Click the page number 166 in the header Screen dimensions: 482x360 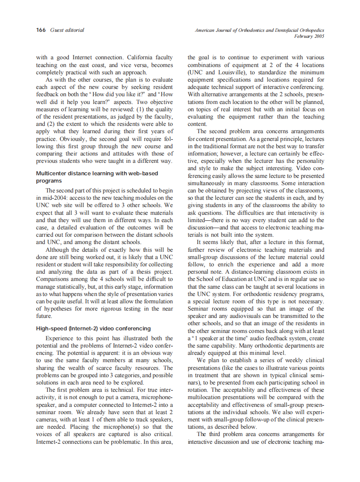click(41, 30)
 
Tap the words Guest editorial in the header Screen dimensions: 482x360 click(67, 30)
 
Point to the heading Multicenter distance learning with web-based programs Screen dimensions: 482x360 click(97, 177)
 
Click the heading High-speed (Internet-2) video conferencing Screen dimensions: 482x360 click(93, 329)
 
